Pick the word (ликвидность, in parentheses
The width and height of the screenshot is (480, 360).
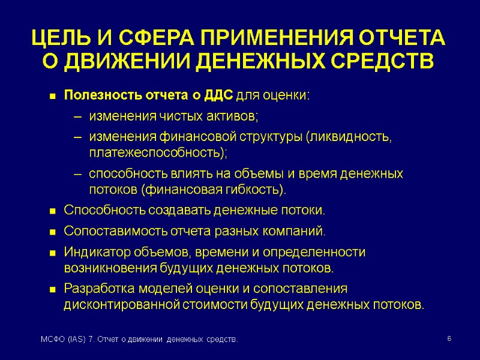click(x=349, y=137)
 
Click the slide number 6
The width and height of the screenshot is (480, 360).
click(x=449, y=340)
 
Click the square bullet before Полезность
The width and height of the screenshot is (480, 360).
click(x=52, y=96)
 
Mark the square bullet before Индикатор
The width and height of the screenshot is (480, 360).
click(x=52, y=253)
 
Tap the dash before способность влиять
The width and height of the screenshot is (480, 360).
click(x=77, y=175)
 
